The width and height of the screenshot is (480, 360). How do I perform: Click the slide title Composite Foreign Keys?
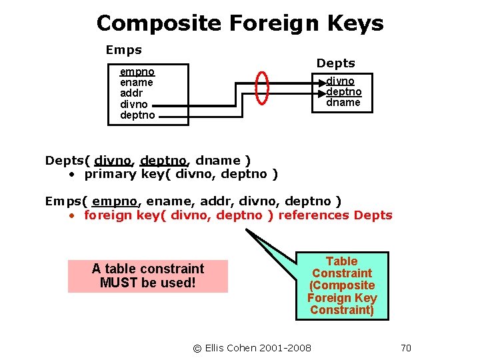240,23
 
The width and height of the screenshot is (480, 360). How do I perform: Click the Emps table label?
124,50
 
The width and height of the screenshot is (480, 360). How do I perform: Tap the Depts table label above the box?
335,63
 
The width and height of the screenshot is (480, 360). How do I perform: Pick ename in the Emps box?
137,83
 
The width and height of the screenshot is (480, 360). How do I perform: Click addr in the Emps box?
132,93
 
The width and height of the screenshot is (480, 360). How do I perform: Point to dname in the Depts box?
343,103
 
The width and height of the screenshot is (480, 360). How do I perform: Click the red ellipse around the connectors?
263,87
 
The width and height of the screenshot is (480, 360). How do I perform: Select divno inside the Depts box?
340,81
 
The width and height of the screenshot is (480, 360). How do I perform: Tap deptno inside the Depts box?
344,92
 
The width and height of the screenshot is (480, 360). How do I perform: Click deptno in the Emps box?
137,115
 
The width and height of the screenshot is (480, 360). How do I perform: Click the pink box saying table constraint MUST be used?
148,276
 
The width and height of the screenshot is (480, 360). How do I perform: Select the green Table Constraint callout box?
342,285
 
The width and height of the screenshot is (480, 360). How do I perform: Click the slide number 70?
406,347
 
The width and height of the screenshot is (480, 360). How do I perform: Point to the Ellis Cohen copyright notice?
252,347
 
